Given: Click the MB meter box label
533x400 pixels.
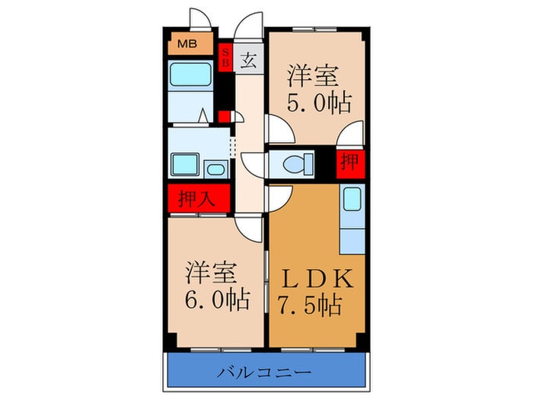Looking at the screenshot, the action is point(187,44).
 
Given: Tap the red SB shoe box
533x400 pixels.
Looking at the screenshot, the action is point(225,58).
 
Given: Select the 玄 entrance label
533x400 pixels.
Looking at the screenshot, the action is point(249,61).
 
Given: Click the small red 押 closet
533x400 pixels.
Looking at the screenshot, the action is point(350,164).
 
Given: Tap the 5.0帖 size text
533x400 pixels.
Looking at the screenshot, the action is point(319,104).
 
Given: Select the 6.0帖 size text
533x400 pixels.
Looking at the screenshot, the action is point(217,299).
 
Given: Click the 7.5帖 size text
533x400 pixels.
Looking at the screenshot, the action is point(310,304).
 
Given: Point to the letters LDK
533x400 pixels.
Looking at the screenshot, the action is point(318,278).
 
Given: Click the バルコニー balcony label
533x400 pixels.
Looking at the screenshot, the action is point(264,372).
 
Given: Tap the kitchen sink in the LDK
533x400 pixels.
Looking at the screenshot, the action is point(352,200).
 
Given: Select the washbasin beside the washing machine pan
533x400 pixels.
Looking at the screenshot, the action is point(215,168).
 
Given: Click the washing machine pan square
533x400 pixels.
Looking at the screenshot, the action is point(185,165).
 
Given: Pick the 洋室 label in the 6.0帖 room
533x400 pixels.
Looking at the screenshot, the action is point(210,272).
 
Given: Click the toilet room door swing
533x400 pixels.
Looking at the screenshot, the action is point(254,165).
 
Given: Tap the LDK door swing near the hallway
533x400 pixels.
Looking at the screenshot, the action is point(279,198).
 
